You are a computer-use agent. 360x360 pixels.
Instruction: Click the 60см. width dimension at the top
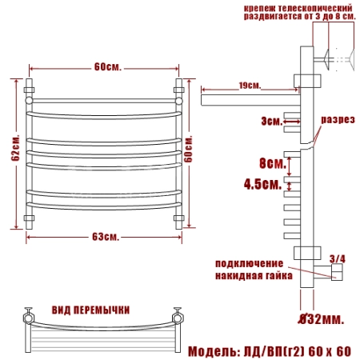point(108,66)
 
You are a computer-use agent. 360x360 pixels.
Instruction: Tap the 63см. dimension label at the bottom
point(106,237)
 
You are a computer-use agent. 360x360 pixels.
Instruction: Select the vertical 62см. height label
point(16,147)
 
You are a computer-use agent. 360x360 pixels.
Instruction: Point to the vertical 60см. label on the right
point(188,149)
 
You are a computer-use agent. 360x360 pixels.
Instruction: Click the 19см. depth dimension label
point(250,86)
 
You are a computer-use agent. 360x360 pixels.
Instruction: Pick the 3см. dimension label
point(272,122)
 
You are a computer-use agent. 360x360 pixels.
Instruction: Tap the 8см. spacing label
point(273,163)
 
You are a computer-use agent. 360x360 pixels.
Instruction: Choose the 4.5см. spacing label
point(263,184)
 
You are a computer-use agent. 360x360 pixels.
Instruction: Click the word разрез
point(338,120)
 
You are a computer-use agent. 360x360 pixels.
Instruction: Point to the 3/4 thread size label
point(338,258)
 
